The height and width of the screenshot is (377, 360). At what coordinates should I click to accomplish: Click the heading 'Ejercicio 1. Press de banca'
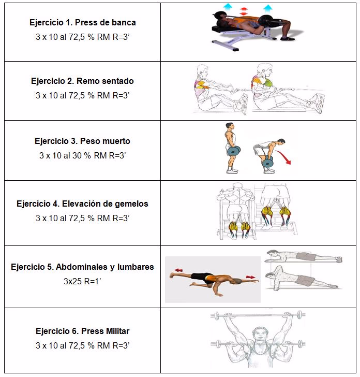pyautogui.click(x=82, y=22)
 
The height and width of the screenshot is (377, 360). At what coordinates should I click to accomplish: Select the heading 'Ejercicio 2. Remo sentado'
pyautogui.click(x=82, y=81)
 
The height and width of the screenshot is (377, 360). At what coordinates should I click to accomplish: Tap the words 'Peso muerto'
pyautogui.click(x=105, y=141)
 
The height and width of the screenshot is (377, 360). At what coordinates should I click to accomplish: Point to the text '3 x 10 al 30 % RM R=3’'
pyautogui.click(x=82, y=155)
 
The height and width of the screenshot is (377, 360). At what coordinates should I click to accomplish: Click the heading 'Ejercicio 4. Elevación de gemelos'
pyautogui.click(x=82, y=204)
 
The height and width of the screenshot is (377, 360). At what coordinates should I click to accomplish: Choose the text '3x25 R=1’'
pyautogui.click(x=82, y=281)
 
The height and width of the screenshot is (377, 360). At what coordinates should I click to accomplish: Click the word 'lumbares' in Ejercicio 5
pyautogui.click(x=136, y=267)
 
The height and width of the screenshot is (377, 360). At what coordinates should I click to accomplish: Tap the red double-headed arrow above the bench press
pyautogui.click(x=244, y=11)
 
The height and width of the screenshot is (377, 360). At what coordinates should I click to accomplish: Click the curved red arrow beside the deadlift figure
pyautogui.click(x=283, y=157)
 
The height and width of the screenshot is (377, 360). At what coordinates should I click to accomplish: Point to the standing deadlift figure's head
pyautogui.click(x=229, y=126)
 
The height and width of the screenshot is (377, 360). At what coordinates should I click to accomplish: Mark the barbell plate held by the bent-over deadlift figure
pyautogui.click(x=267, y=163)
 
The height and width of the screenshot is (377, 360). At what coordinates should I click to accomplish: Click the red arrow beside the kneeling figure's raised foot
pyautogui.click(x=178, y=270)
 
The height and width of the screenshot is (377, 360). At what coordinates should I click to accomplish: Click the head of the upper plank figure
pyautogui.click(x=272, y=253)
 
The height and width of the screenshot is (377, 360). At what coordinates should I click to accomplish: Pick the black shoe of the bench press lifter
pyautogui.click(x=288, y=39)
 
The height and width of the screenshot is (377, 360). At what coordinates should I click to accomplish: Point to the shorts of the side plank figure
pyautogui.click(x=305, y=280)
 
